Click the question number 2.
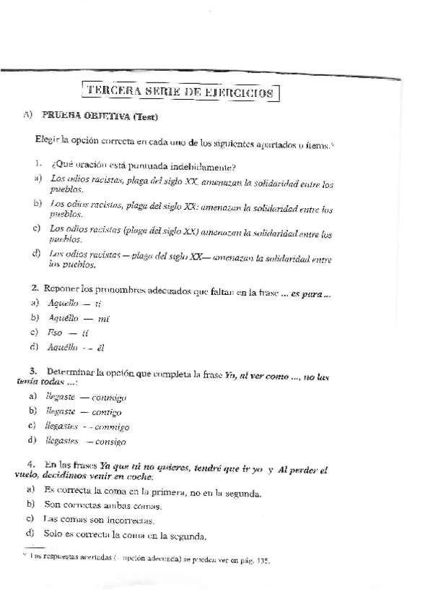coord(35,289)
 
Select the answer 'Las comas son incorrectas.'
coord(97,519)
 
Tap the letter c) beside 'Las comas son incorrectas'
coord(30,519)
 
